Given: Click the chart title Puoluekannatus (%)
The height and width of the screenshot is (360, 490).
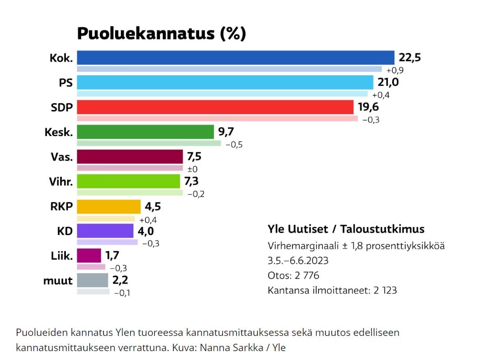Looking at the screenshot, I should [x=161, y=33].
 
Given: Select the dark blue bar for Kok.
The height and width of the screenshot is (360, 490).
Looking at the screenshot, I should [x=235, y=58].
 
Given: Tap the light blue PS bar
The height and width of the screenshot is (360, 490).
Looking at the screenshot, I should [x=225, y=82].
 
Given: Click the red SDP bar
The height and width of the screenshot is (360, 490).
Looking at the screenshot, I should [x=215, y=107].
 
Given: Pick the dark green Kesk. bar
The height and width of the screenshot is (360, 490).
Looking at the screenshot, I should [x=145, y=131].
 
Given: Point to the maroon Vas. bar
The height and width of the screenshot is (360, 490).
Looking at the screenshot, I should [x=130, y=156].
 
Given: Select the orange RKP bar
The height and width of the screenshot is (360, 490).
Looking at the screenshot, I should [x=109, y=206].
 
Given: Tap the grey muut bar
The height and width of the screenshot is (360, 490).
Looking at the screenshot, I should [x=92, y=280].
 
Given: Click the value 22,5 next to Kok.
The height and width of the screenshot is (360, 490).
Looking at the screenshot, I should [x=409, y=57].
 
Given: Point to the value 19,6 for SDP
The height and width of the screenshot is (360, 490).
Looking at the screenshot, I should [x=368, y=107].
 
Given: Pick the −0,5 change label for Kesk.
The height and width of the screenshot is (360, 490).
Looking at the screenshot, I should [x=234, y=144].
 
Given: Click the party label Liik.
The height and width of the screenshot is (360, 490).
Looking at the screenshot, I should [x=61, y=256].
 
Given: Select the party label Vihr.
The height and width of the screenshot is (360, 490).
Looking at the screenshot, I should [x=60, y=182].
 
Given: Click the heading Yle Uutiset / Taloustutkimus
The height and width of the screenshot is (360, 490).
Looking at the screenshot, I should [x=346, y=229].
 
